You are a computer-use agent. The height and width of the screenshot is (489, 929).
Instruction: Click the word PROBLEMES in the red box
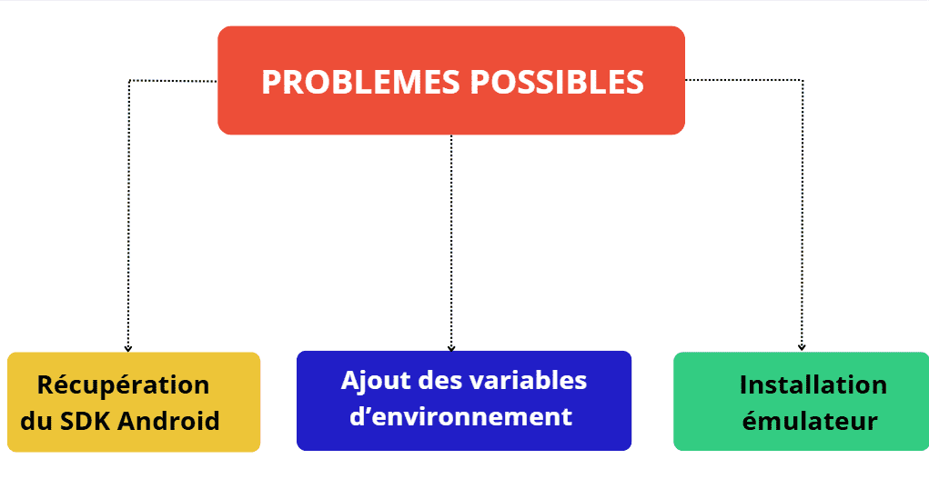361,82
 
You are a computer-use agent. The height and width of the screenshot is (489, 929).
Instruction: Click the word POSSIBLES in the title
557,82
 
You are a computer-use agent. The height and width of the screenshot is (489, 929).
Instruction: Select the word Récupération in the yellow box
123,385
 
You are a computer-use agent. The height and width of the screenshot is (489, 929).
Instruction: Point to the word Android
169,421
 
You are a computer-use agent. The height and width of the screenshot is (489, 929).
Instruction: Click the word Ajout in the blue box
376,381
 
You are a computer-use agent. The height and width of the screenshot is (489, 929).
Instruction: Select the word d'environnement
461,417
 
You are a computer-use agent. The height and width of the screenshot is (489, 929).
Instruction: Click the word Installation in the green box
813,384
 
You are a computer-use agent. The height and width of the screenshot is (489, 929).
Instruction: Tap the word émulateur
810,421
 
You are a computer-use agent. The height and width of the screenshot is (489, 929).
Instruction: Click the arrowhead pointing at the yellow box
128,349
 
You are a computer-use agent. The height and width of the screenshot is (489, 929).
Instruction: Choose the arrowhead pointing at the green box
802,347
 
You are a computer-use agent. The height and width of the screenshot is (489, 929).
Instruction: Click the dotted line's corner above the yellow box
129,81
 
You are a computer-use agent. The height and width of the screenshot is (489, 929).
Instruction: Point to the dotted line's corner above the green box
803,80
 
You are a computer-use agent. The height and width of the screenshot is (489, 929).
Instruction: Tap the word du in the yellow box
36,421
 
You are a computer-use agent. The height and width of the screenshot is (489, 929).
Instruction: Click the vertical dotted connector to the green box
803,215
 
